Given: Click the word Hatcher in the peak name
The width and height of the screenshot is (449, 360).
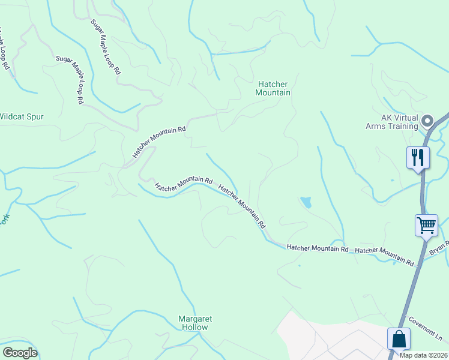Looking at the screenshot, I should (x=273, y=85).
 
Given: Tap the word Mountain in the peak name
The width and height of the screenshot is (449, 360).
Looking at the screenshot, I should (x=273, y=93).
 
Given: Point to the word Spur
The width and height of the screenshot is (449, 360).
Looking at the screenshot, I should (x=35, y=117).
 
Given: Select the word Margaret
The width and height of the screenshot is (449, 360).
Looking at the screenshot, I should (x=196, y=319).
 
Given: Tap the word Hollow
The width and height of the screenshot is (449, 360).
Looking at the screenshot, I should (x=196, y=328).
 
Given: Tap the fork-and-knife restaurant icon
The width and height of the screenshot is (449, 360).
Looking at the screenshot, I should (x=418, y=158).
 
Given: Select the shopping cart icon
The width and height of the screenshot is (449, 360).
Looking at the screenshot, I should (x=426, y=226).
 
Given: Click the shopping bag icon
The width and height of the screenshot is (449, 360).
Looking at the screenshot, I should (x=399, y=339).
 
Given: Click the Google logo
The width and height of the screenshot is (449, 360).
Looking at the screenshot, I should (x=20, y=353).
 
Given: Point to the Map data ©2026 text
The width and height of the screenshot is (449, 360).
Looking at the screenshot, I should (x=423, y=355).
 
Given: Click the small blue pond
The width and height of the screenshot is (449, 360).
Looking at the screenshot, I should (x=306, y=202).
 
